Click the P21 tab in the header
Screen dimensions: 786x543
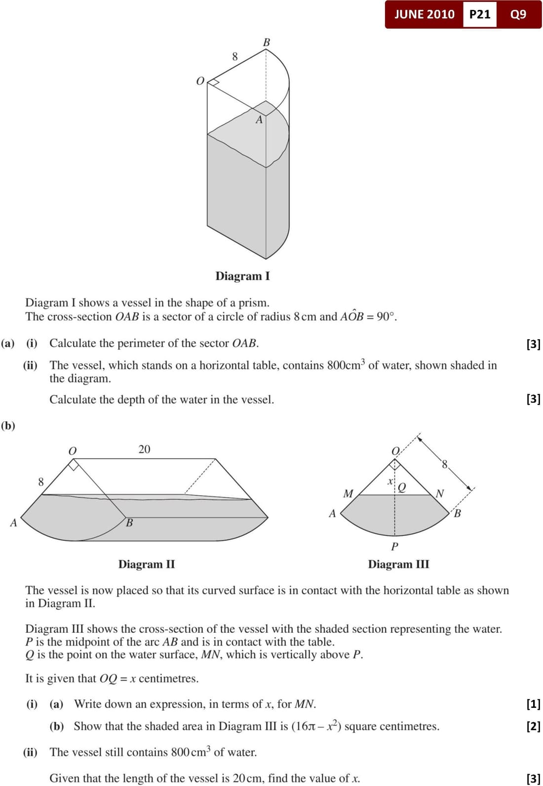point(480,14)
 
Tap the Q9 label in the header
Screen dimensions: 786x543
point(518,14)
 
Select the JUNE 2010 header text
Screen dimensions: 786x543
point(424,14)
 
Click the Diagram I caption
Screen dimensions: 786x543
point(242,276)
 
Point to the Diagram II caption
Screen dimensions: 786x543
point(147,564)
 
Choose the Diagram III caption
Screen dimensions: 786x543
point(398,564)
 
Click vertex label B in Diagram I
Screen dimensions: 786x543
point(267,43)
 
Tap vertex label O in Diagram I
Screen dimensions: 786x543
point(200,81)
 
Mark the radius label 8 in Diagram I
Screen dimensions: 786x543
point(235,57)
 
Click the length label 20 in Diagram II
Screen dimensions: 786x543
point(144,449)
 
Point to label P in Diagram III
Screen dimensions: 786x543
point(394,546)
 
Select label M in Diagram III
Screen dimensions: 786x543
point(348,493)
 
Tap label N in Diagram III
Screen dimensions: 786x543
point(440,493)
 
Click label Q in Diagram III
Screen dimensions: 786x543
point(402,487)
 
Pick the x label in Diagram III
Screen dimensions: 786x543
point(390,480)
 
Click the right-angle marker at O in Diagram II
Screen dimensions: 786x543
point(74,465)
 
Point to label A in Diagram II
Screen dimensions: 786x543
point(13,523)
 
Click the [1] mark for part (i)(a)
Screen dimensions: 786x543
point(533,703)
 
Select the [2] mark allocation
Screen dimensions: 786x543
point(533,726)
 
